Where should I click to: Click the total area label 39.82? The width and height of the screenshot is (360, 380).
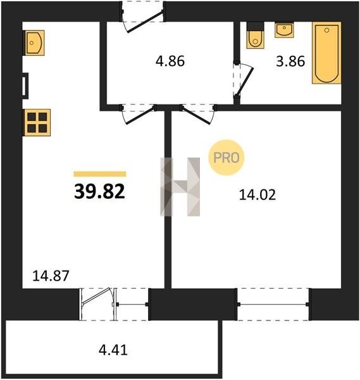pyautogui.click(x=99, y=191)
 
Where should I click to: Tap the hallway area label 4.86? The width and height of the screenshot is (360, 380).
pyautogui.click(x=170, y=61)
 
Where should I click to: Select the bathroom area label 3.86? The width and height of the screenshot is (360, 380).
pyautogui.click(x=290, y=61)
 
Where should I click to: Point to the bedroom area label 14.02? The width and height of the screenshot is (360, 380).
pyautogui.click(x=258, y=195)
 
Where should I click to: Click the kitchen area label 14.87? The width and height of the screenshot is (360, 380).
pyautogui.click(x=51, y=275)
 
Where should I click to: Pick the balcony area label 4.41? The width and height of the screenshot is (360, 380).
pyautogui.click(x=113, y=350)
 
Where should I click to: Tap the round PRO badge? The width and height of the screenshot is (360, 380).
pyautogui.click(x=227, y=158)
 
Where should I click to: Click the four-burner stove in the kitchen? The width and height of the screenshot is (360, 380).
pyautogui.click(x=37, y=122)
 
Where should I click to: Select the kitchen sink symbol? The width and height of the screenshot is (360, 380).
pyautogui.click(x=34, y=42)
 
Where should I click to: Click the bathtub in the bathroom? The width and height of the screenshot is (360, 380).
pyautogui.click(x=326, y=53)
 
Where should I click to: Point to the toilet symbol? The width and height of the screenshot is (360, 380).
pyautogui.click(x=255, y=35)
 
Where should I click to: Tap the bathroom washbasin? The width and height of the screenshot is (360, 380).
pyautogui.click(x=284, y=30)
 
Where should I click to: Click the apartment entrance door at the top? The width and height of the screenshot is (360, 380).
pyautogui.click(x=143, y=17)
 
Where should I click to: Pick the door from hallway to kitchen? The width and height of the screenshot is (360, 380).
pyautogui.click(x=139, y=114)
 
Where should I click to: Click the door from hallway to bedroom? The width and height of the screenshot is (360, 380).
pyautogui.click(x=198, y=114)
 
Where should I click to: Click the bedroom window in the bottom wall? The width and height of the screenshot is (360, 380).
pyautogui.click(x=273, y=305)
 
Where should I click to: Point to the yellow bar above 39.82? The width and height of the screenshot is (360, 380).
pyautogui.click(x=100, y=174)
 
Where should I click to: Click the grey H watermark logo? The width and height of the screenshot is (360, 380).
pyautogui.click(x=180, y=187)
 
